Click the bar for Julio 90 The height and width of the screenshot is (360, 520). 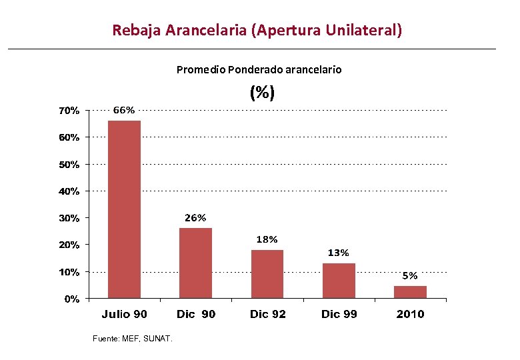tap(124, 209)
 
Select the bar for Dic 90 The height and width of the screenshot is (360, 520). tap(195, 263)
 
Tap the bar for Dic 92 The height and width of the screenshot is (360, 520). tap(267, 274)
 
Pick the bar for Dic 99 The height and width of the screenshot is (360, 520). tap(339, 281)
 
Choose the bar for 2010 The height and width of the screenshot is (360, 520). tap(410, 292)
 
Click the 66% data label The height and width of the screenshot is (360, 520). tap(124, 110)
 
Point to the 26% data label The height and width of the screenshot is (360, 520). tap(195, 218)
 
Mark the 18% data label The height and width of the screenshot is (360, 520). tap(267, 239)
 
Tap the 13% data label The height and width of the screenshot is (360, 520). tap(338, 253)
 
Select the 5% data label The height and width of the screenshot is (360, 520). tap(409, 275)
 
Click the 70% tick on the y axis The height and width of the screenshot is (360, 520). tap(67, 111)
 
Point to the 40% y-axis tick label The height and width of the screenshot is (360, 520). tap(67, 191)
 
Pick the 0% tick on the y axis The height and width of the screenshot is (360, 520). tap(71, 299)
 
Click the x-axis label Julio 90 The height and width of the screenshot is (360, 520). tap(124, 314)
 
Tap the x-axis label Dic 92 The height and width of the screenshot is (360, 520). tap(267, 314)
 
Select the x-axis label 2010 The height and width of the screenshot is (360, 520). tap(410, 314)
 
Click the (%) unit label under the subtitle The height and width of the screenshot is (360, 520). tap(262, 93)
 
